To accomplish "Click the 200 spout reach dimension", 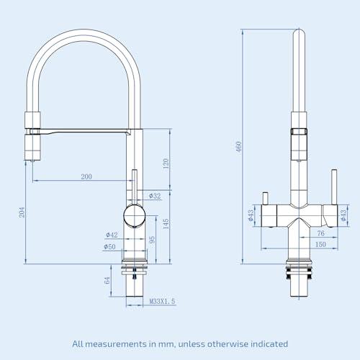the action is (x=86, y=176).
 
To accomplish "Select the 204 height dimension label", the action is (x=22, y=212).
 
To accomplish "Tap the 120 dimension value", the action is (x=166, y=163).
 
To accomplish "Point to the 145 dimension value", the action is (x=166, y=224).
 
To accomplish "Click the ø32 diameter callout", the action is (x=155, y=196).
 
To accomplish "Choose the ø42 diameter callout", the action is (x=112, y=235).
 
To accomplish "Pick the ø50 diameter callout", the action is (x=109, y=246).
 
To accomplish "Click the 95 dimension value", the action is (x=152, y=240).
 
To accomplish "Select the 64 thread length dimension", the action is (x=107, y=280).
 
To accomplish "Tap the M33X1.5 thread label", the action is (x=163, y=301).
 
